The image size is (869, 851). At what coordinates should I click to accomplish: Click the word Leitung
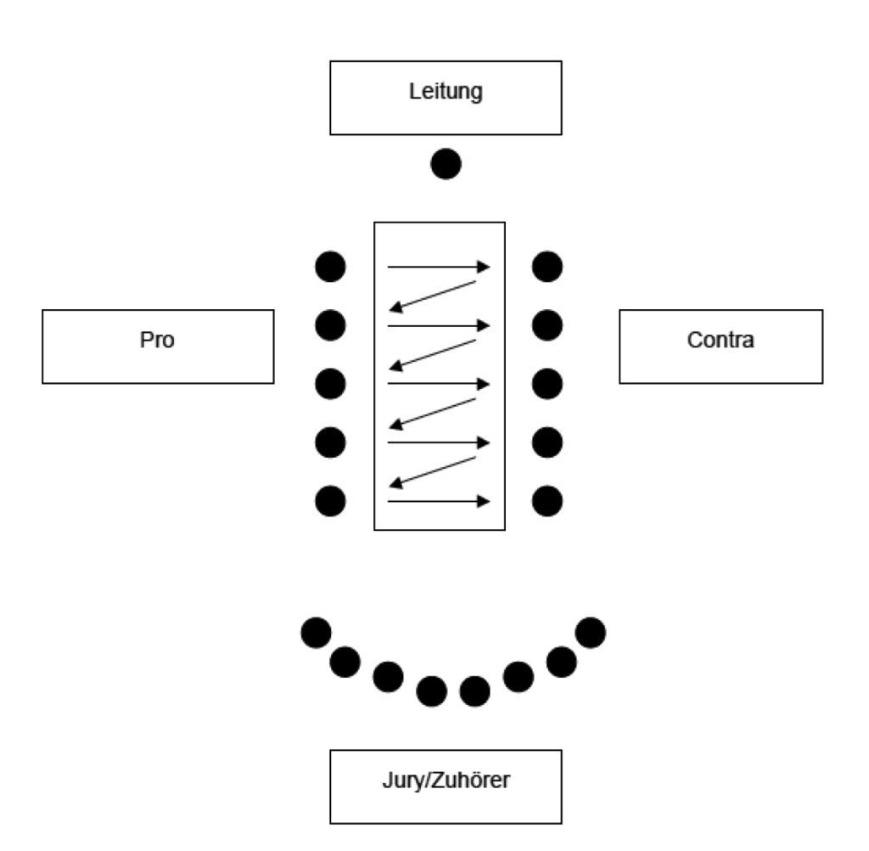(x=445, y=92)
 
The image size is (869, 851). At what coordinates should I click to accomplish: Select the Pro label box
(x=158, y=346)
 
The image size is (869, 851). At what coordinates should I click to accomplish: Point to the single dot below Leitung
(x=446, y=163)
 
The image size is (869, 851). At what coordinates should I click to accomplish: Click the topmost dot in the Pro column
(x=330, y=267)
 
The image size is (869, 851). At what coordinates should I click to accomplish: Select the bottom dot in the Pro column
(x=330, y=500)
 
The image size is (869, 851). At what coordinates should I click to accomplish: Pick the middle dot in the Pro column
(x=330, y=384)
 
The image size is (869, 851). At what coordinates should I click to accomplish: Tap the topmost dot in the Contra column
(x=547, y=267)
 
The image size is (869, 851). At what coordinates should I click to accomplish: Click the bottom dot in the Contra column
(x=547, y=500)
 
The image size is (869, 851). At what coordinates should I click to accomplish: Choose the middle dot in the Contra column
(x=547, y=384)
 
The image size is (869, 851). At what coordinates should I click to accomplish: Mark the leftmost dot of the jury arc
(x=317, y=631)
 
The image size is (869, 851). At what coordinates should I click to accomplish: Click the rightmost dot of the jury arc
(x=591, y=631)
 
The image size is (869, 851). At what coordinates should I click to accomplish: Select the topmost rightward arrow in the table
(x=439, y=268)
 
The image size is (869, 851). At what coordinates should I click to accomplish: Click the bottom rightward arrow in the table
(x=439, y=501)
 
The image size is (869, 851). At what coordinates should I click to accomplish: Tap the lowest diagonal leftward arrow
(x=433, y=471)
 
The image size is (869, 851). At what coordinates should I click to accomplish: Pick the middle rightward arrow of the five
(x=439, y=384)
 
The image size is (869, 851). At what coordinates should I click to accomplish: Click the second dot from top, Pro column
(x=330, y=324)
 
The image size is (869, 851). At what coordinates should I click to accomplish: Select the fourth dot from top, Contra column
(x=547, y=442)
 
